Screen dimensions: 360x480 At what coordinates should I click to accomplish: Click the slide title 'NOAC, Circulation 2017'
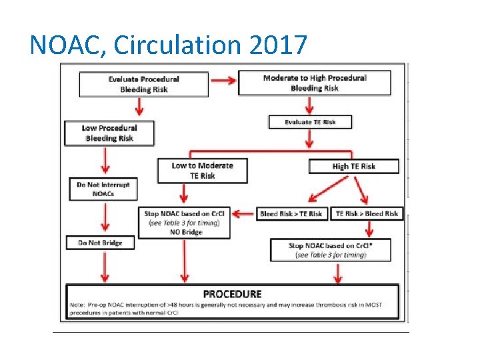tap(169, 45)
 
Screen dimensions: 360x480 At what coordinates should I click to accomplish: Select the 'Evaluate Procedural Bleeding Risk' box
tap(143, 84)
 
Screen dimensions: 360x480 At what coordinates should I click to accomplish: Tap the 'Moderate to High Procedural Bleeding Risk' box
tap(315, 83)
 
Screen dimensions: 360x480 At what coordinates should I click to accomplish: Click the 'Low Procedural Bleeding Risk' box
tap(109, 133)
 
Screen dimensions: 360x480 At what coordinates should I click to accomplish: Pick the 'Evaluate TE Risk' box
tap(310, 122)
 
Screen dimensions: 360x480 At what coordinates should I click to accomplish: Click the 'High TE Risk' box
tap(353, 166)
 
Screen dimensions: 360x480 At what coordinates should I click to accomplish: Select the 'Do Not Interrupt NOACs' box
tap(103, 189)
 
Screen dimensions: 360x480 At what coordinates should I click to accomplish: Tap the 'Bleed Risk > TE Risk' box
tap(291, 213)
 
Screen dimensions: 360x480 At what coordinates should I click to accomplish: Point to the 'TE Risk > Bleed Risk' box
tap(367, 213)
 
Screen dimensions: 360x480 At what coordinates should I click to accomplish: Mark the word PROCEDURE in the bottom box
tap(232, 293)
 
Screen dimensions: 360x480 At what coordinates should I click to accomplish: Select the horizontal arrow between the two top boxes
tap(223, 81)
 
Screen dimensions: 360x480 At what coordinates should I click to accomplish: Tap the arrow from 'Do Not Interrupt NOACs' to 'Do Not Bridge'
tap(104, 217)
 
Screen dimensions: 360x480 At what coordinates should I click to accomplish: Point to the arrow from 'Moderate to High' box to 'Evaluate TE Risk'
tap(309, 105)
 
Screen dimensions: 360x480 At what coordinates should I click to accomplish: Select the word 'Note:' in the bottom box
tap(78, 305)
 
